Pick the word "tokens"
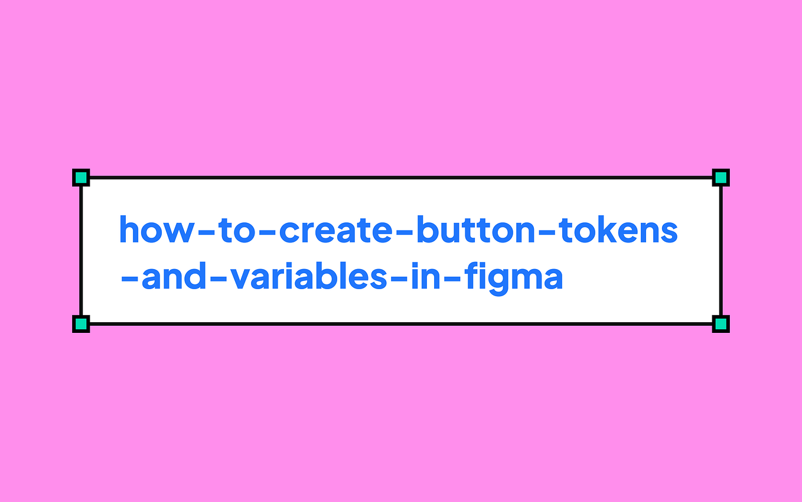pyautogui.click(x=618, y=230)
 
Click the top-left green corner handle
pyautogui.click(x=80, y=177)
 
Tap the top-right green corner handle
pyautogui.click(x=721, y=177)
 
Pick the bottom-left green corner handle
pyautogui.click(x=80, y=324)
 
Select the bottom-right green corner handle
pyautogui.click(x=721, y=324)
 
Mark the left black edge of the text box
pyautogui.click(x=81, y=251)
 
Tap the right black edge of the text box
pyautogui.click(x=721, y=251)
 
